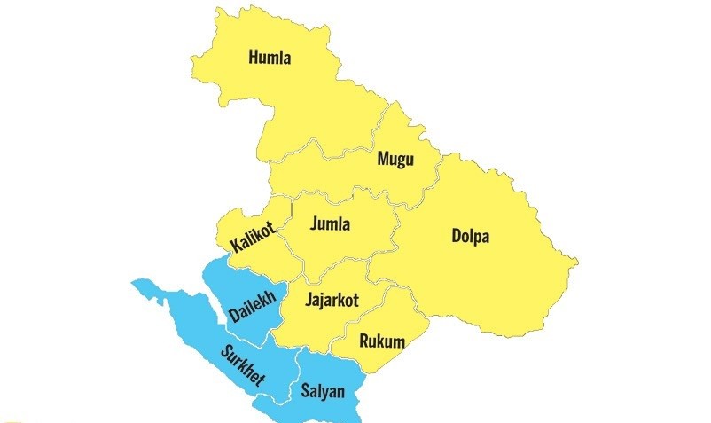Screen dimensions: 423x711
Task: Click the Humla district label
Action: point(270,59)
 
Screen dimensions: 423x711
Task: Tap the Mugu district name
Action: point(395,160)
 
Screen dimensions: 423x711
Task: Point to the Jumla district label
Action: point(330,224)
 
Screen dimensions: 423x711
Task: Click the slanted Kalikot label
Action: point(252,237)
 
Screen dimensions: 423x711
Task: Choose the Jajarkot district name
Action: point(331,300)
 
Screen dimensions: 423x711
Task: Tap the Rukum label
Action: point(382,341)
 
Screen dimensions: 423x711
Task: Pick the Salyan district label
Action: point(323,389)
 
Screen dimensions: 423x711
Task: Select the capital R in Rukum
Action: point(363,341)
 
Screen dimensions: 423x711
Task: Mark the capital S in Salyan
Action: point(305,389)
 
